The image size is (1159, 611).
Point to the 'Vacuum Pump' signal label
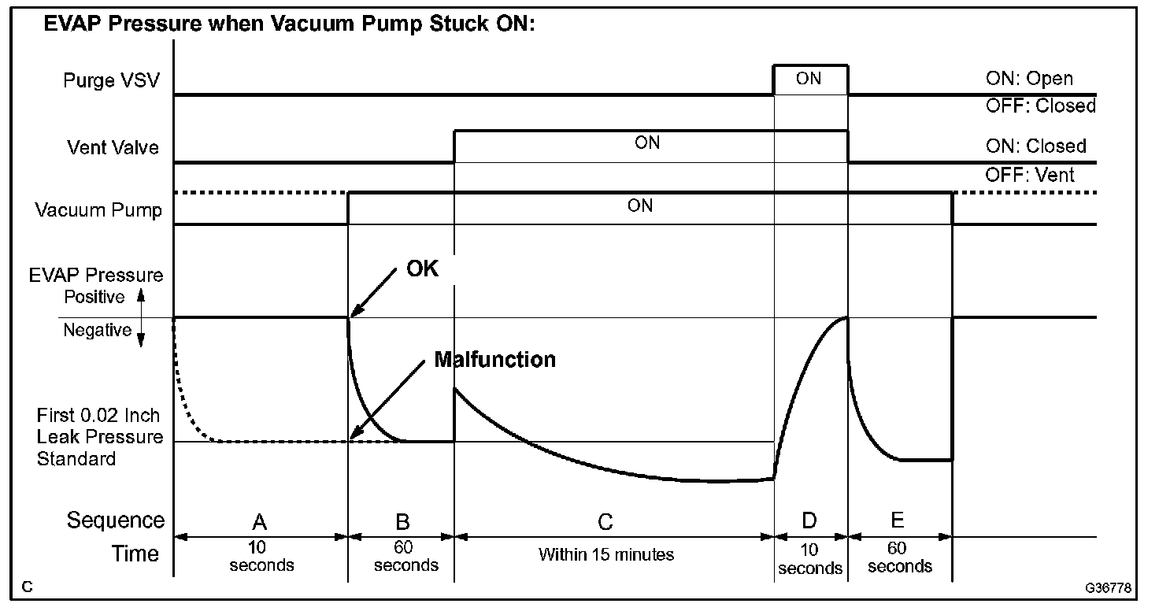[98, 210]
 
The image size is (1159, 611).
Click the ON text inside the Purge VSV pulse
[809, 79]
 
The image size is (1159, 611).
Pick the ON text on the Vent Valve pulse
[647, 143]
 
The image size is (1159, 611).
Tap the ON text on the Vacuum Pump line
[639, 206]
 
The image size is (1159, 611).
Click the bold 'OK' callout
[422, 268]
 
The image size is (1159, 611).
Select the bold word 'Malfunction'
[494, 360]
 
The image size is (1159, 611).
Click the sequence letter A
[259, 521]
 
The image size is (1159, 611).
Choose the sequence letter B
[402, 521]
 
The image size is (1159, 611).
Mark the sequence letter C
[605, 521]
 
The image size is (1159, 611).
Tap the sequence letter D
[809, 520]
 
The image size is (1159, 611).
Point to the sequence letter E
[897, 520]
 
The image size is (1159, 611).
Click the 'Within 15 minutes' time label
[606, 554]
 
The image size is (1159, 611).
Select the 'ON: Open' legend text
[1028, 79]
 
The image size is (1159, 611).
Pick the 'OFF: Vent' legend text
[1029, 174]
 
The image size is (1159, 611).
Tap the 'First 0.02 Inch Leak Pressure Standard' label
[99, 437]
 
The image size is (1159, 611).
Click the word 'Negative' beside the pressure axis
[97, 331]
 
